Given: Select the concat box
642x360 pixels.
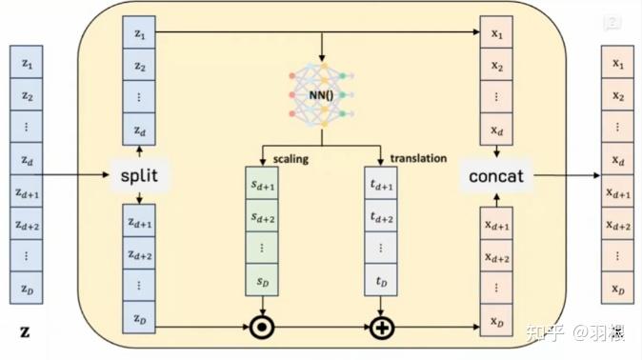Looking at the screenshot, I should pyautogui.click(x=496, y=176).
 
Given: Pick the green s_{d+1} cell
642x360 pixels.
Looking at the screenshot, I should pyautogui.click(x=262, y=188).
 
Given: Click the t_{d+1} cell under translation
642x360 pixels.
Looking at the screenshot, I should pyautogui.click(x=381, y=188).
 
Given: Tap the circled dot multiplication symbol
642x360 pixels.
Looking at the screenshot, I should pyautogui.click(x=262, y=329).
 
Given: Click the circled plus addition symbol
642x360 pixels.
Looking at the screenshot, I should pyautogui.click(x=381, y=329).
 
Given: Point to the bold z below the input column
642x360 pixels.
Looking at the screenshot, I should pyautogui.click(x=26, y=332).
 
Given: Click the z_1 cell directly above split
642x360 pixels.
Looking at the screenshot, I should pyautogui.click(x=140, y=35).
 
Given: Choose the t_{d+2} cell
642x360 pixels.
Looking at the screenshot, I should pyautogui.click(x=381, y=219).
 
